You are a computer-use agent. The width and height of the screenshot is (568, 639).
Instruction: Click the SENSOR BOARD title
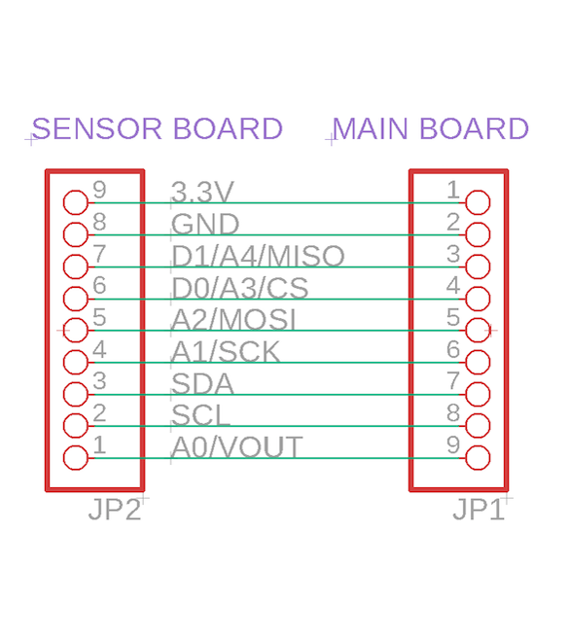tap(158, 128)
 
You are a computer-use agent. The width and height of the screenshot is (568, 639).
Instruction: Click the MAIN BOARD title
tap(431, 128)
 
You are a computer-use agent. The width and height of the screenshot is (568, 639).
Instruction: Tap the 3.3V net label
tap(202, 192)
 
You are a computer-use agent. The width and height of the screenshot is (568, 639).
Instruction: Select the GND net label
tap(205, 224)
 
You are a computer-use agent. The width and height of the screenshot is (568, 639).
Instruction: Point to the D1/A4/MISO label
tap(258, 256)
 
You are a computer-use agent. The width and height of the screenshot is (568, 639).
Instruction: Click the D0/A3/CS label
tap(240, 288)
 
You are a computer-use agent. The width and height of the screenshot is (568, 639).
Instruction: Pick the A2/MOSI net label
tap(233, 319)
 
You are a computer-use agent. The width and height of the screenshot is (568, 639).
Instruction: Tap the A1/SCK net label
tap(226, 352)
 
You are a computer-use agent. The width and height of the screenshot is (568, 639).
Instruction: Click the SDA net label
tap(202, 383)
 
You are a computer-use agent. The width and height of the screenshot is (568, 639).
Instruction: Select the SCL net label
tap(200, 415)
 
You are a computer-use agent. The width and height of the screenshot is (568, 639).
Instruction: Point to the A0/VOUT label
tap(236, 447)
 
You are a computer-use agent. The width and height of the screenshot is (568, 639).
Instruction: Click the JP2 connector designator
tap(115, 510)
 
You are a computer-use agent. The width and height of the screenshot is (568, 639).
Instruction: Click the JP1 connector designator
tap(479, 510)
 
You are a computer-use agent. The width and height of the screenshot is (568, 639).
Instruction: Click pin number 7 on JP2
tap(99, 253)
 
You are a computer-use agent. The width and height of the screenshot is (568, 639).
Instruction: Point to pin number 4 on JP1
tap(453, 285)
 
